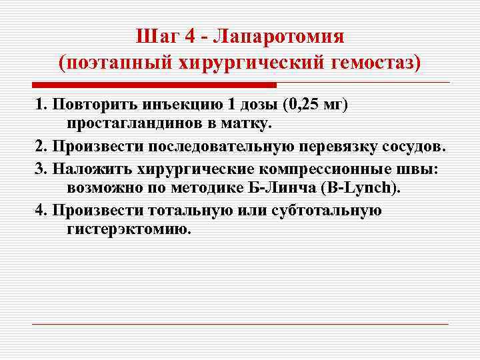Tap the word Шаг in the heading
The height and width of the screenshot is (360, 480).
(155, 35)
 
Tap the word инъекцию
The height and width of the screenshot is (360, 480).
(180, 106)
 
